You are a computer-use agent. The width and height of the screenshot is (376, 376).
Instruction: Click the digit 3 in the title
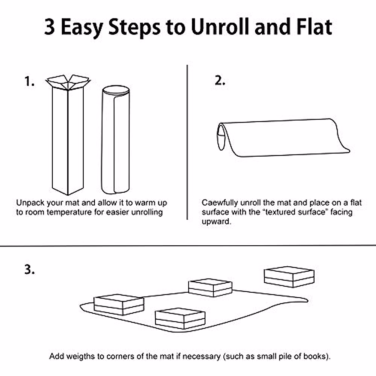[50, 27]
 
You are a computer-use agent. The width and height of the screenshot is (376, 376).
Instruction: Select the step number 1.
[29, 81]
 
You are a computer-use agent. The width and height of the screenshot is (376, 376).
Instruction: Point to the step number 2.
[220, 80]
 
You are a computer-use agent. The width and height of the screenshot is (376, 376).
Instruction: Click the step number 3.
[29, 270]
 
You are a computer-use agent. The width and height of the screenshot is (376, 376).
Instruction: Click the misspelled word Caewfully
[220, 203]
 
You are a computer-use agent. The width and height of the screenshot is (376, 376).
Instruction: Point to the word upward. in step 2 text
[217, 222]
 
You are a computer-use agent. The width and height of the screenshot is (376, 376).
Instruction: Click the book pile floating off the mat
[289, 277]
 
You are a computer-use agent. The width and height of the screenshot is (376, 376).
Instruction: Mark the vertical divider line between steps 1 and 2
[187, 142]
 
